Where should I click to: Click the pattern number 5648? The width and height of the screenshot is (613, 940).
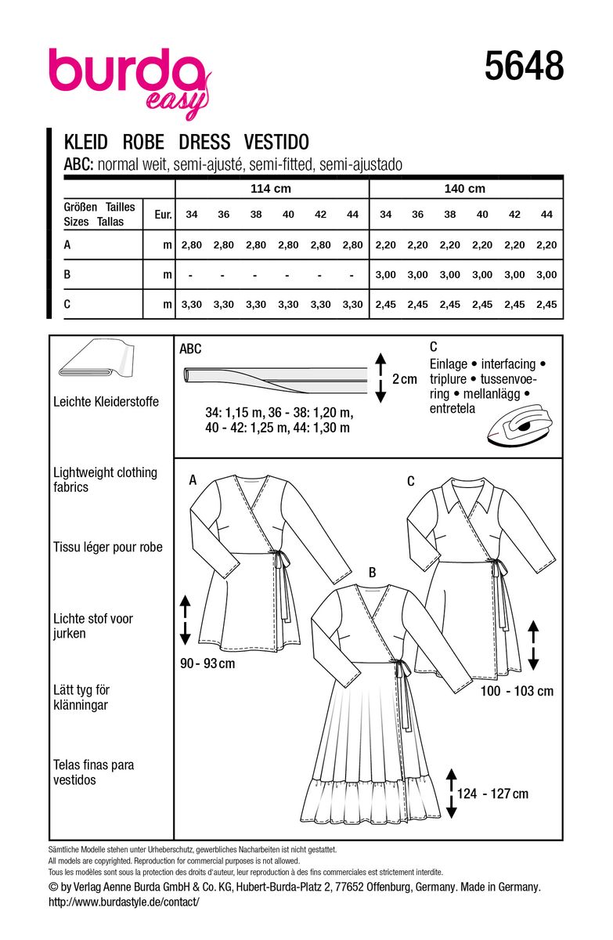tap(524, 67)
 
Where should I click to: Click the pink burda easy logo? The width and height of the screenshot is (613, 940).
tap(130, 81)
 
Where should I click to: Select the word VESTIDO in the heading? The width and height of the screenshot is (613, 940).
tap(276, 142)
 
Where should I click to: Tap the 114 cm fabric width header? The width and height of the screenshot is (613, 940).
tap(271, 189)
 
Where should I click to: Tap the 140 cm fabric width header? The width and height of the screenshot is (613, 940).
tap(464, 189)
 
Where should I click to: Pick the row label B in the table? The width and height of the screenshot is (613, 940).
tap(67, 274)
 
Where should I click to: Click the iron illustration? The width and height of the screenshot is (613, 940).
tap(518, 428)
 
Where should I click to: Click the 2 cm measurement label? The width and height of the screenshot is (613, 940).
tap(404, 379)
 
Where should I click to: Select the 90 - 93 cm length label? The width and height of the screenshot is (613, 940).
tap(207, 663)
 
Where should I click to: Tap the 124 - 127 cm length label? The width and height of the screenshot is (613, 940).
tap(492, 794)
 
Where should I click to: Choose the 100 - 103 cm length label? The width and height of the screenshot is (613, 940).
tap(517, 691)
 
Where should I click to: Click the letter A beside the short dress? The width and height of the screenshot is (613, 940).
tap(193, 479)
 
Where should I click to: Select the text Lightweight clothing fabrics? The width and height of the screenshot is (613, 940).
tap(105, 479)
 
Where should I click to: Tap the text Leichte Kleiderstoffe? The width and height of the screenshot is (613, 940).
tap(106, 402)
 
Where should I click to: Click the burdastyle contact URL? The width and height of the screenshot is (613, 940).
tap(124, 902)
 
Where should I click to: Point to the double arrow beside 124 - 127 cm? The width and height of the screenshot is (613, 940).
tap(451, 794)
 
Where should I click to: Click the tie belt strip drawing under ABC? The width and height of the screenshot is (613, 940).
tap(276, 380)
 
